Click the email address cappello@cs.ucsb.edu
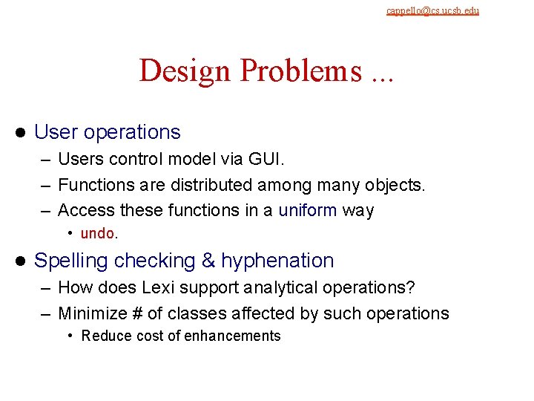432,10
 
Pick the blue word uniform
307,210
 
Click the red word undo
96,233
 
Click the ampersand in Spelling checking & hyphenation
208,261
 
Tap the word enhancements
234,336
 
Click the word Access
84,210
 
